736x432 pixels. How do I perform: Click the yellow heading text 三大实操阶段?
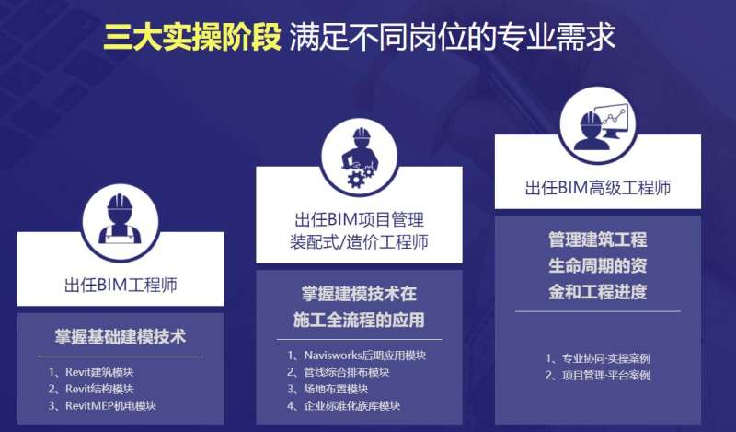[191, 36]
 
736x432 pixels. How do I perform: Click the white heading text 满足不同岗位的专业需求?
[452, 36]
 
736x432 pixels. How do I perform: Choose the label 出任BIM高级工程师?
[598, 188]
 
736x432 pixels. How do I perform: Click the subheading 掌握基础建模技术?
[121, 336]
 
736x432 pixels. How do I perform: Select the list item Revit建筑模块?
[97, 372]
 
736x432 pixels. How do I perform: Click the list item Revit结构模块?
[97, 389]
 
